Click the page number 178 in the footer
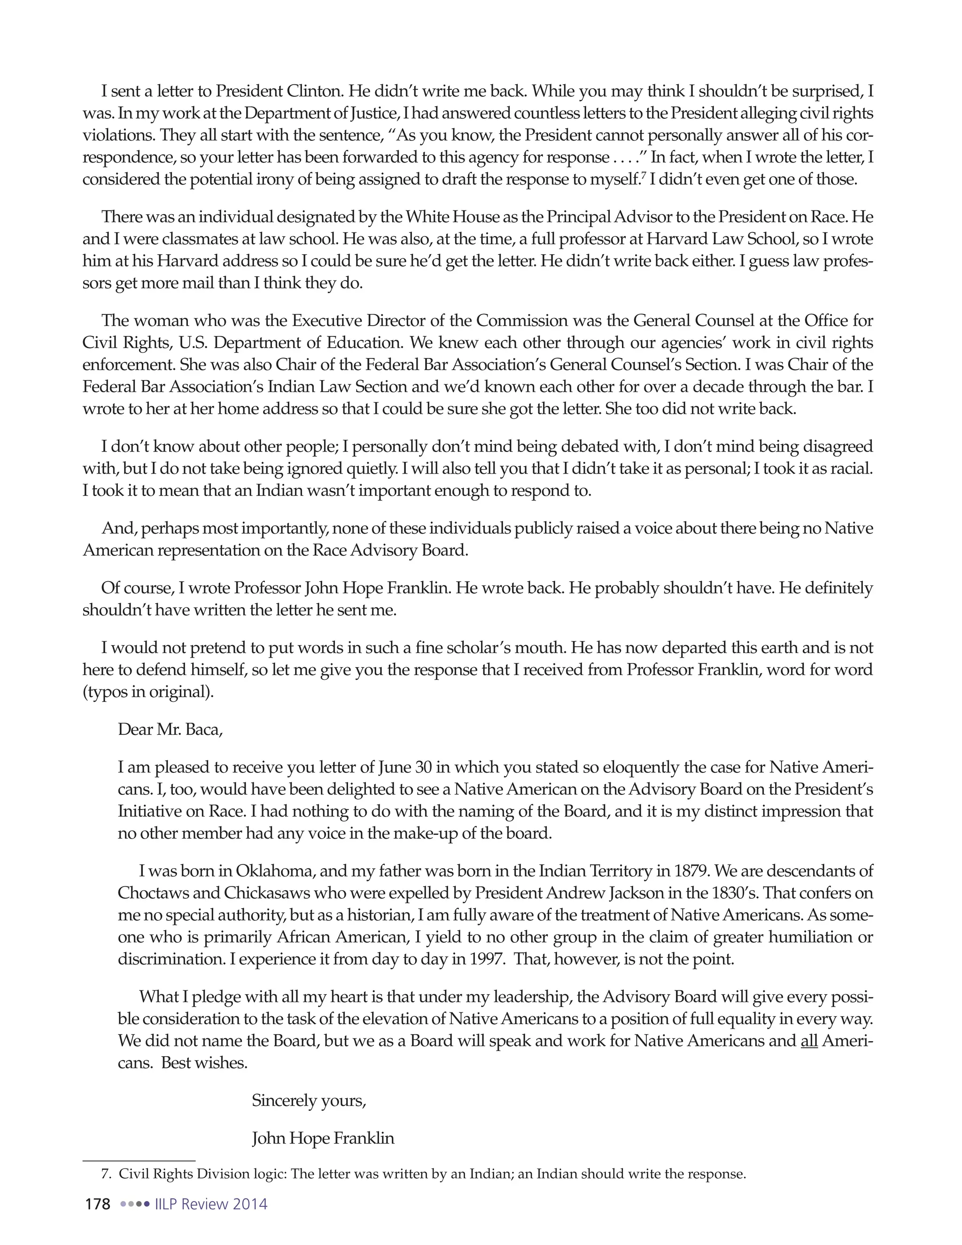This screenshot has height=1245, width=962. click(x=97, y=1204)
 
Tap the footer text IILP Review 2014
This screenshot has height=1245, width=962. click(x=211, y=1204)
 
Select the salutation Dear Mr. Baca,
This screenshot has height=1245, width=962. click(x=170, y=729)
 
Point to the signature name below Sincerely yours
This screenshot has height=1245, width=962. click(x=323, y=1138)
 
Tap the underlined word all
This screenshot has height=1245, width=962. click(x=809, y=1040)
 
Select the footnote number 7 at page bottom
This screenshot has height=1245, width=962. click(x=104, y=1174)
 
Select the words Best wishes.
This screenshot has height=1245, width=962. click(x=205, y=1063)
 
